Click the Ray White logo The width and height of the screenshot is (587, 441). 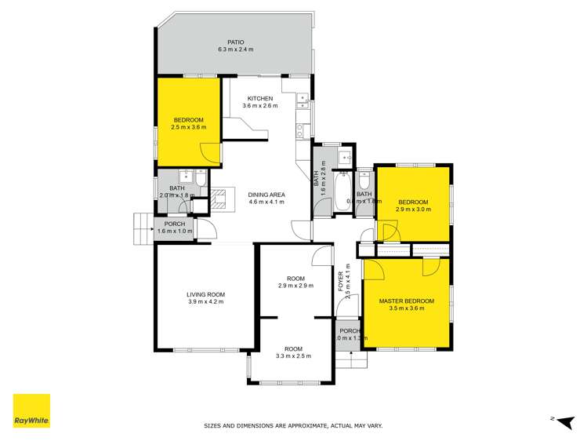31,411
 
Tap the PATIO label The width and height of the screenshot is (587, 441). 236,42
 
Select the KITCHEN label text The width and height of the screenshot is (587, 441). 260,98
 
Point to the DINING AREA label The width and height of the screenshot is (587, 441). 266,194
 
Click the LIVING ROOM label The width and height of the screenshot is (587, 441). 206,294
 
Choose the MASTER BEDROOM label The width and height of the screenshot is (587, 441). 407,301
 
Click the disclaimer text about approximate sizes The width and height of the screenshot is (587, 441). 293,426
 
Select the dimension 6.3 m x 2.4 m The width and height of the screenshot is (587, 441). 236,49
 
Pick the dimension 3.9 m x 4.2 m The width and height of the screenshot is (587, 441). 206,302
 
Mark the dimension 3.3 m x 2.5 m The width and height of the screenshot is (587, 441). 294,356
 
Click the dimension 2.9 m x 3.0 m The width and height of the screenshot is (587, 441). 412,210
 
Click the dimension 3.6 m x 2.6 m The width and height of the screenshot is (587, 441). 260,106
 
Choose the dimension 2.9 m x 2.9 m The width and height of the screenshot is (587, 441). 295,286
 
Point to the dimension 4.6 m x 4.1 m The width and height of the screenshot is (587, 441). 266,202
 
